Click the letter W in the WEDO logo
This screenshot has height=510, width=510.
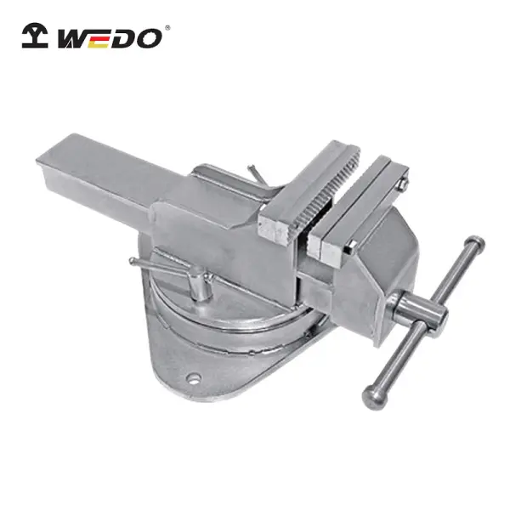coord(73,39)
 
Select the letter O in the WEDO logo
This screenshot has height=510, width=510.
coord(148,38)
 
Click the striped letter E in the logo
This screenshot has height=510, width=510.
coord(99,39)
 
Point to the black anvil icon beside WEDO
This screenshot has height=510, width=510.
coord(35,35)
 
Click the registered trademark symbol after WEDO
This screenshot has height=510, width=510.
coord(167,28)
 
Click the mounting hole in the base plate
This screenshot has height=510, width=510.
coord(194,378)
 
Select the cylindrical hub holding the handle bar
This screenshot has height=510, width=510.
coord(420,311)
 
